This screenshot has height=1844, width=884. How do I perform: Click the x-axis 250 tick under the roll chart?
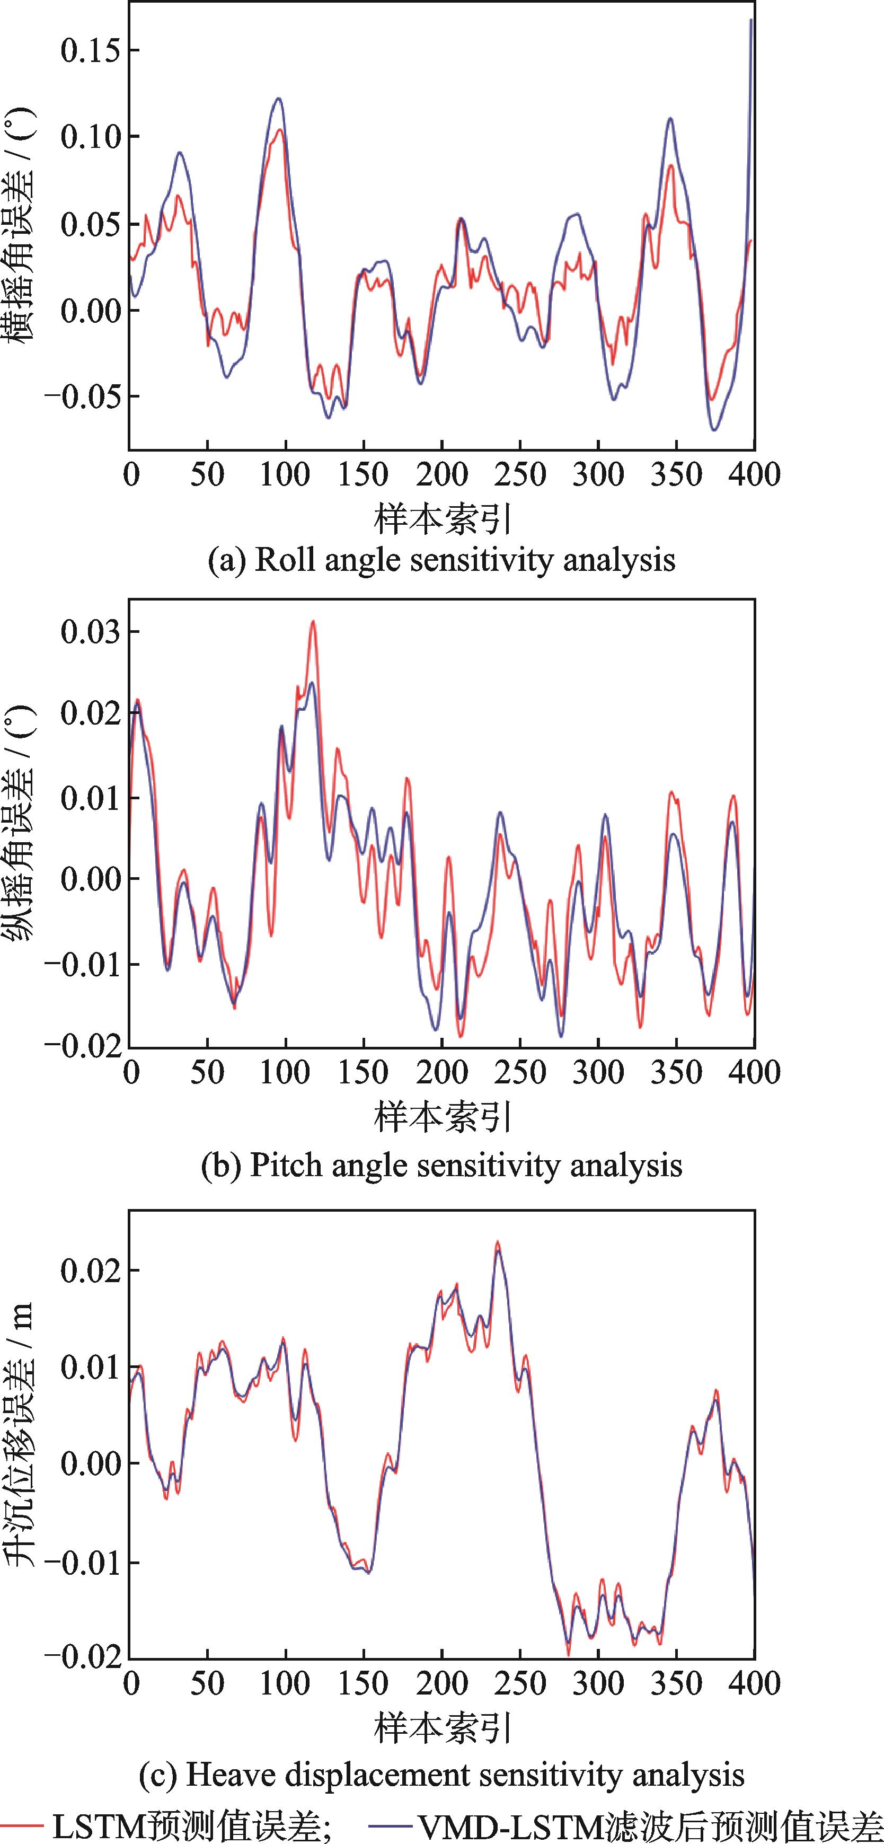520,474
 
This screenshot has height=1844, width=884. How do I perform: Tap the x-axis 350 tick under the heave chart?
676,1683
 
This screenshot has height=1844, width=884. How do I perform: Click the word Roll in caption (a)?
284,559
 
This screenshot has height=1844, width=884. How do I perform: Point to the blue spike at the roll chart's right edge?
750,22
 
